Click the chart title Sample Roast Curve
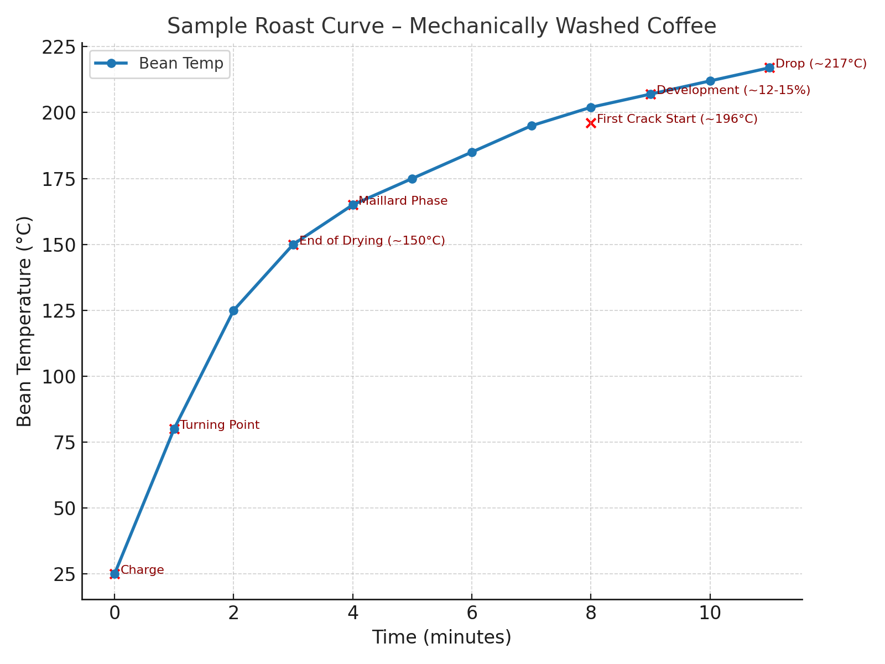[x=441, y=26]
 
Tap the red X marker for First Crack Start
[x=591, y=123]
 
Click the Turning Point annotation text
[x=220, y=425]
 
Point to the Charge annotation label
[x=142, y=570]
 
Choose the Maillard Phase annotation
[x=403, y=201]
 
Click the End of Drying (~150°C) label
[x=372, y=241]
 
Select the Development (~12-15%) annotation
[x=733, y=90]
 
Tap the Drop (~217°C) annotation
[x=821, y=64]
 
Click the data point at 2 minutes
[x=233, y=310]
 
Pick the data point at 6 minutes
[x=472, y=152]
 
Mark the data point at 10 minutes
[x=710, y=81]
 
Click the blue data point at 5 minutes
[x=412, y=179]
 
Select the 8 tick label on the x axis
[x=591, y=613]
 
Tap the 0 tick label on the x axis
[x=114, y=613]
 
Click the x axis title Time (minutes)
[x=441, y=637]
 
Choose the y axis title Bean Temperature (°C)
[x=25, y=321]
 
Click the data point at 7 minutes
[x=532, y=126]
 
